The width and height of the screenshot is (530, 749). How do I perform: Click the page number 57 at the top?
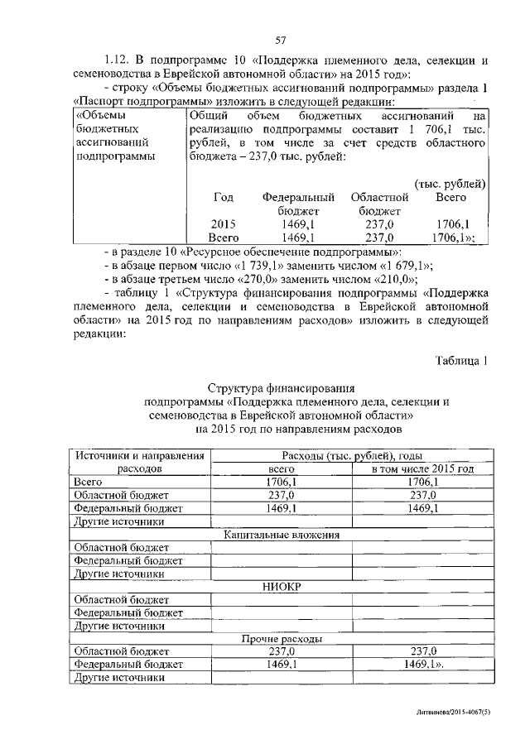coord(279,40)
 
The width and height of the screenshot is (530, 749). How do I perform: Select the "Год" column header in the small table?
coord(224,198)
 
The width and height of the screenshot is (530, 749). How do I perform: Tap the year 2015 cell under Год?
coord(224,223)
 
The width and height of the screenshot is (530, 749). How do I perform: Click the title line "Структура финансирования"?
coord(282,387)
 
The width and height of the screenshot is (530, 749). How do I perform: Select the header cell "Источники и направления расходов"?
coord(139,461)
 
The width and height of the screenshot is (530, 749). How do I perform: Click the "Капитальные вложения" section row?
coord(282,535)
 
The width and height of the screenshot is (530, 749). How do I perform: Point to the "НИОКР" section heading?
coord(282,587)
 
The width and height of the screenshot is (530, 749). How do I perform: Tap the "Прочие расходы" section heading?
coord(282,639)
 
